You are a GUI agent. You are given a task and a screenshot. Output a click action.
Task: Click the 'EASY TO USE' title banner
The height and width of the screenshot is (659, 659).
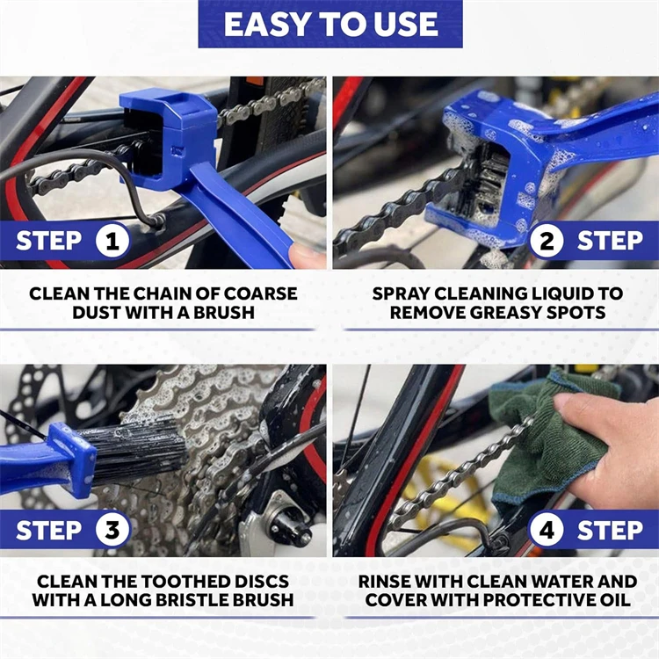tap(329, 25)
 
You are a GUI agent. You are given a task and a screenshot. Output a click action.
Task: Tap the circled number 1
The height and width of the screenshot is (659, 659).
tap(112, 241)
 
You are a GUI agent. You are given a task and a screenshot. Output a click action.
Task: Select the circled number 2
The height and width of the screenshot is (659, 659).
tap(547, 241)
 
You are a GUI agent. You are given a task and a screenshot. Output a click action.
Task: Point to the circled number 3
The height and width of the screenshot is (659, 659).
tap(112, 530)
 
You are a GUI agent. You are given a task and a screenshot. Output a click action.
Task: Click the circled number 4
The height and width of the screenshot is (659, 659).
tap(547, 530)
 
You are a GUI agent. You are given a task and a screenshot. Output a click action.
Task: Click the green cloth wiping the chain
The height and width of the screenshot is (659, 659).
tap(536, 431)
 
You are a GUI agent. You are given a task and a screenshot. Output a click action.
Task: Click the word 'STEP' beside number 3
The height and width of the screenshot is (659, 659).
tap(49, 530)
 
